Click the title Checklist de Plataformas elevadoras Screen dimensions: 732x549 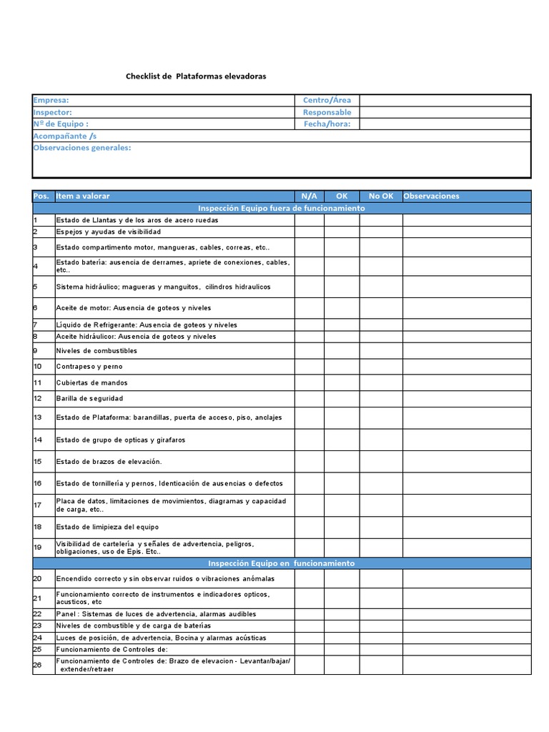pos(196,76)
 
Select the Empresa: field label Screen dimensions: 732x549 pos(51,101)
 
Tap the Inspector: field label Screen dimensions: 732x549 pos(53,112)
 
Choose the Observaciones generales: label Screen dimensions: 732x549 pos(82,148)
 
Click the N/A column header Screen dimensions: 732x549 pos(309,196)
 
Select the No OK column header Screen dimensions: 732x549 pos(380,196)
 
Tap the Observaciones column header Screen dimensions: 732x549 pos(432,196)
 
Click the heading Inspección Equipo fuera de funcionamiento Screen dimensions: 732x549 pos(282,208)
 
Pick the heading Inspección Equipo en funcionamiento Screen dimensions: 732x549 pos(282,563)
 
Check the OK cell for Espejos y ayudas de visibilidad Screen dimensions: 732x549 pos(342,232)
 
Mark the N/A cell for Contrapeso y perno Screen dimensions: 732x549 pos(309,366)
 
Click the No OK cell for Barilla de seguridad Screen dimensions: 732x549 pos(380,397)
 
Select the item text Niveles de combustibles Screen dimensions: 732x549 pos(97,351)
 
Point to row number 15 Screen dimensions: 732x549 pos(38,461)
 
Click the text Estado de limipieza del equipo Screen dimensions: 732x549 pos(107,527)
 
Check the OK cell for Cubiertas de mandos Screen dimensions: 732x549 pos(342,382)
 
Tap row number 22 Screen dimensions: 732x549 pos(38,614)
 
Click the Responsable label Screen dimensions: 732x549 pos(327,112)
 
